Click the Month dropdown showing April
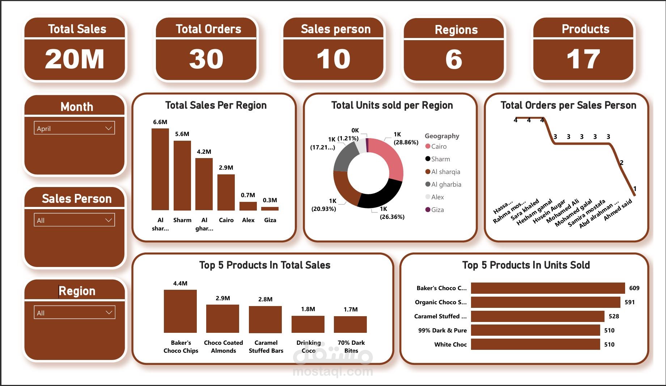(74, 128)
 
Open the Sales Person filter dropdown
(74, 220)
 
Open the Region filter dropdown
(74, 313)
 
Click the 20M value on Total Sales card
(75, 59)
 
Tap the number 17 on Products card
(583, 59)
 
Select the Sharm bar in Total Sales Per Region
(182, 175)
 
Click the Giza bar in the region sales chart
(270, 208)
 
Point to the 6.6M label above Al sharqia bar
(160, 122)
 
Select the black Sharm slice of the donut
(380, 195)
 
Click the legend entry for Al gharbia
(446, 184)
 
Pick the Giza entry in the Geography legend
(437, 210)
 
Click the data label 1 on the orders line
(635, 188)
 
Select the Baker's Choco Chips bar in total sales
(180, 311)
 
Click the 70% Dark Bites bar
(350, 324)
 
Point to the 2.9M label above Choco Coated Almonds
(222, 298)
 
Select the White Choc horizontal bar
(535, 344)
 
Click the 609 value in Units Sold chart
(634, 288)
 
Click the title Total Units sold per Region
(392, 105)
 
